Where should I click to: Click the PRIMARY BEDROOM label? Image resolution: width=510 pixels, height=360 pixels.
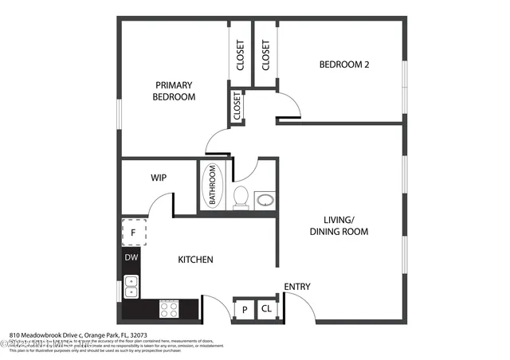coord(175,91)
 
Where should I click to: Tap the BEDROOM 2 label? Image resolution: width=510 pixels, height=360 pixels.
coord(343,65)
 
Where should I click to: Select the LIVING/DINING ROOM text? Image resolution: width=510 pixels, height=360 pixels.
coord(339,225)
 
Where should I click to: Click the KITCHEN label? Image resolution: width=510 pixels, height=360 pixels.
coord(194,260)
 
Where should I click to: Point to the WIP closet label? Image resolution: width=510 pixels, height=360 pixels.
coord(158,178)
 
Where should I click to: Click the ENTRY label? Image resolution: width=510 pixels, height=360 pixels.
coord(297,287)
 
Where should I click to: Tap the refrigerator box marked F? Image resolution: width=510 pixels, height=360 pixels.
coord(133,233)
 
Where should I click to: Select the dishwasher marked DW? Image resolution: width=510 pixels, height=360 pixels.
coord(131,259)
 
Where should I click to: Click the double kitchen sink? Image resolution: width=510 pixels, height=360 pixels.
coord(131,286)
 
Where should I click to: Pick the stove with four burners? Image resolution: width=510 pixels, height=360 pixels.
coord(169,307)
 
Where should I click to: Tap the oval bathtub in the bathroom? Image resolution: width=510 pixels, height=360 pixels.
coord(213,186)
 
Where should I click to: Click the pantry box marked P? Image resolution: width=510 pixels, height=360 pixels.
coord(244,309)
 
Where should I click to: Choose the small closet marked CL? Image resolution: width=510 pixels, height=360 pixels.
coord(265,309)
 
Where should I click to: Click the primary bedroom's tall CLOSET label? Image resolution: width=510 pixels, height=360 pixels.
coord(240,54)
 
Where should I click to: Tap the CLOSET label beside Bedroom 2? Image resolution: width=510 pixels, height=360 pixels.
coord(265,54)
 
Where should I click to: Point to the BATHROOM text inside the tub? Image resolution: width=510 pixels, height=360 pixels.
coord(213,186)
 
